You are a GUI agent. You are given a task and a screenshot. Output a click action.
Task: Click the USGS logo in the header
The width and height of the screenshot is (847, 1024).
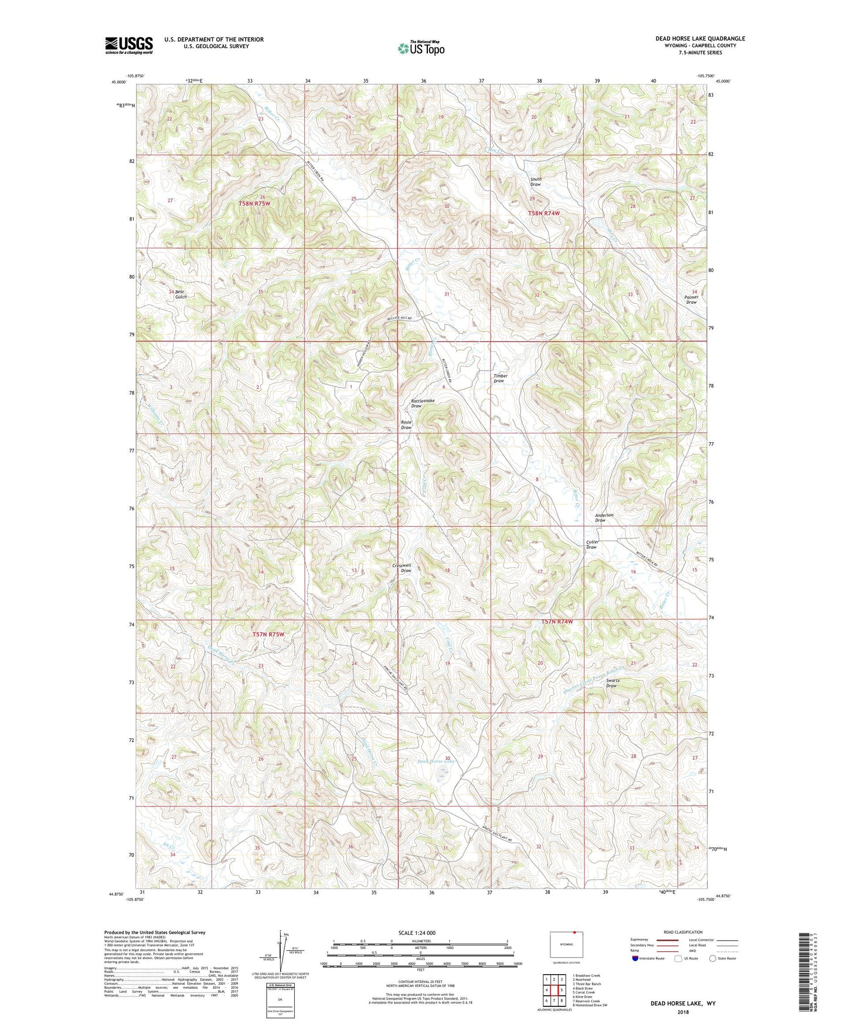[128, 45]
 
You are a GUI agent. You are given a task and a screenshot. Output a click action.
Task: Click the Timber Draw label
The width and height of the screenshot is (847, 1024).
[500, 378]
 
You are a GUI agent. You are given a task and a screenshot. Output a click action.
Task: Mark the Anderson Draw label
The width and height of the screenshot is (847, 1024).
[604, 517]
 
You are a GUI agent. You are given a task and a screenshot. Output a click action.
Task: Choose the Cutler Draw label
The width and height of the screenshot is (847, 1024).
[592, 544]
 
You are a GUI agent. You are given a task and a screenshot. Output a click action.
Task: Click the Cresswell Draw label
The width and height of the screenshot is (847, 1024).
[402, 568]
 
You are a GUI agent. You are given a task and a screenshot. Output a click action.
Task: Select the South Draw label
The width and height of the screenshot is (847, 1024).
[535, 182]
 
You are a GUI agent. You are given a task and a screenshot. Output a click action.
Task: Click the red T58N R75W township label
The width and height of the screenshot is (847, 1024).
[254, 204]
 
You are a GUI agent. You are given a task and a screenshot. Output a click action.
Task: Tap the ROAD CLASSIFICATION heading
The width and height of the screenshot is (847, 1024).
[682, 932]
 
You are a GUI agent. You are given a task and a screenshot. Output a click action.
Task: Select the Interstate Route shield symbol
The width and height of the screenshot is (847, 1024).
[635, 958]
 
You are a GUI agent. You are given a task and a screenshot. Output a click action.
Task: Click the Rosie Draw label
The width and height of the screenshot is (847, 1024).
[406, 425]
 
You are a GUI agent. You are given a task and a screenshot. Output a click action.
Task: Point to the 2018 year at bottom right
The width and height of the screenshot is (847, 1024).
[683, 1012]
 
